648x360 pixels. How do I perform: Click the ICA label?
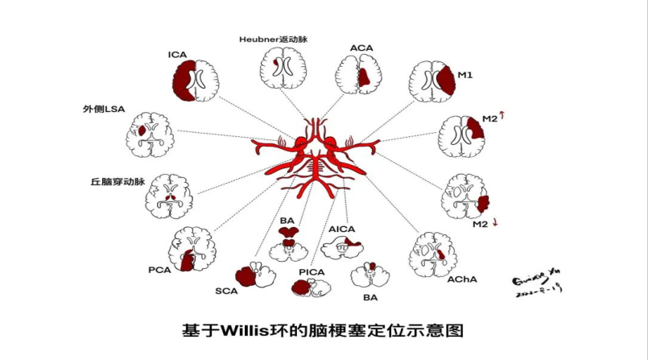pos(178,55)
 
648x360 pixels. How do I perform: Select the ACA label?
pos(361,48)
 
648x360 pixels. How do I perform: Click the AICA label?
pos(342,230)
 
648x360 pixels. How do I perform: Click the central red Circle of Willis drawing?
pos(315,155)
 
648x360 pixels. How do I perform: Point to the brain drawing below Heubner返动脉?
pos(280,72)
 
